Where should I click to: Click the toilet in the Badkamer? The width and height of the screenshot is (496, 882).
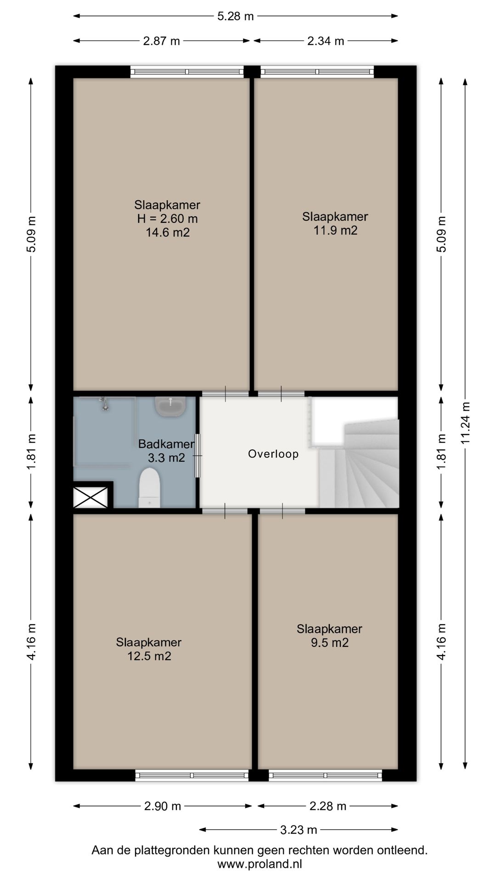(x=149, y=487)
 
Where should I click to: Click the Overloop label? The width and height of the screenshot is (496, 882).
(x=273, y=454)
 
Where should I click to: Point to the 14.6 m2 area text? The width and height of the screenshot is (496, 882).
(x=168, y=232)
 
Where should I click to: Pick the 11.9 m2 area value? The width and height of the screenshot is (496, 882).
(x=335, y=230)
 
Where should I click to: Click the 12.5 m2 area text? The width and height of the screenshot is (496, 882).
(x=149, y=656)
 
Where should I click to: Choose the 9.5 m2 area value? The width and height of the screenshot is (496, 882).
(x=330, y=643)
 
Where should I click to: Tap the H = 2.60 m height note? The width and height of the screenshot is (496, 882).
(x=168, y=219)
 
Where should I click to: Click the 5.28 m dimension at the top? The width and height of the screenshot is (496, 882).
(x=236, y=17)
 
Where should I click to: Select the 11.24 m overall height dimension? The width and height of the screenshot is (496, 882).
(x=466, y=423)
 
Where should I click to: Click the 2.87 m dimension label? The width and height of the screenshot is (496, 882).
(x=162, y=41)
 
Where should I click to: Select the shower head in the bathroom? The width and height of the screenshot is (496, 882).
(x=105, y=403)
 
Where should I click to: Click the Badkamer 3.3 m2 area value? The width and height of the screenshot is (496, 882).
(x=166, y=458)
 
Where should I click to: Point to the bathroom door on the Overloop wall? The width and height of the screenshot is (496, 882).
(x=198, y=455)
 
